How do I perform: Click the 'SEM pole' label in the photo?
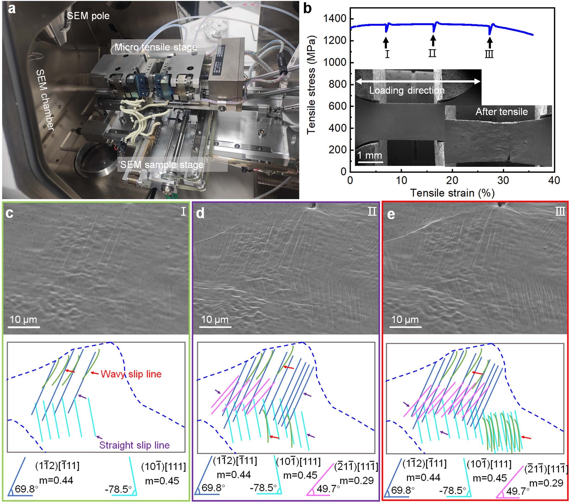click(x=88, y=16)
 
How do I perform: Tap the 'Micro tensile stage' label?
click(x=156, y=47)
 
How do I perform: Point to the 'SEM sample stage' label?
click(x=162, y=165)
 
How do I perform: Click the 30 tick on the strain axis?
click(x=503, y=180)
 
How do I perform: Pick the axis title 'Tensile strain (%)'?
click(x=452, y=193)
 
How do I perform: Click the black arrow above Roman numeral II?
click(x=433, y=40)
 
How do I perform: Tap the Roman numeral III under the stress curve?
click(x=489, y=54)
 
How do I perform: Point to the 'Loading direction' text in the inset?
click(x=407, y=90)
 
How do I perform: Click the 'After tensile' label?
click(x=501, y=112)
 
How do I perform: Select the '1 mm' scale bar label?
click(x=370, y=155)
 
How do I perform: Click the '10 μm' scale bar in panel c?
click(x=23, y=320)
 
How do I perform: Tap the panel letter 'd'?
click(x=200, y=213)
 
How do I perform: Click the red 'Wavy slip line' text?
click(x=131, y=374)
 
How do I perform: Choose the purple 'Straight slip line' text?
click(x=134, y=445)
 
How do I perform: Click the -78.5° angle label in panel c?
click(x=118, y=489)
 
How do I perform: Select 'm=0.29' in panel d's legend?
click(x=356, y=481)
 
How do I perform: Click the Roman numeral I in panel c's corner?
click(x=183, y=212)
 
